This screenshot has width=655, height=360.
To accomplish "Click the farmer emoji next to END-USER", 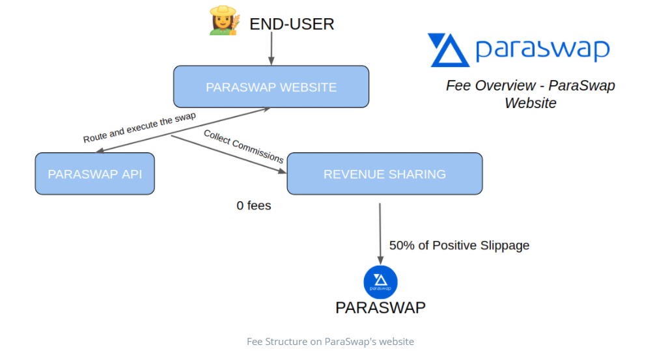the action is pyautogui.click(x=225, y=20).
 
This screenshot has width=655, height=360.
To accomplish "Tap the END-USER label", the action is pyautogui.click(x=292, y=24).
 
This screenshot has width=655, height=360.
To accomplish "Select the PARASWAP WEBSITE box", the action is pyautogui.click(x=271, y=87).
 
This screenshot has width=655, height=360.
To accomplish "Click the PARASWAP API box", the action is pyautogui.click(x=95, y=174).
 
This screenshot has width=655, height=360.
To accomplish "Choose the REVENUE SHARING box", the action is pyautogui.click(x=385, y=174).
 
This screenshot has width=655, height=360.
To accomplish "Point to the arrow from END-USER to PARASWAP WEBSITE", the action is pyautogui.click(x=272, y=48).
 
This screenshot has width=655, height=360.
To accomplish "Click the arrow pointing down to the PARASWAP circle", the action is pyautogui.click(x=380, y=234).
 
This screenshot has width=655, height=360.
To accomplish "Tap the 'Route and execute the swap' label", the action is pyautogui.click(x=139, y=128).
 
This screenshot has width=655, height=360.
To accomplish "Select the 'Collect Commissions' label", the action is pyautogui.click(x=244, y=146).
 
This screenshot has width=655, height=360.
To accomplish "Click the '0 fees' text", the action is pyautogui.click(x=253, y=206).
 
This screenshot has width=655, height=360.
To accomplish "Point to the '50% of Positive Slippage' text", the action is pyautogui.click(x=459, y=245).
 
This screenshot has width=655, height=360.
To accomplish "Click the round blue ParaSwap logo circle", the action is pyautogui.click(x=380, y=282).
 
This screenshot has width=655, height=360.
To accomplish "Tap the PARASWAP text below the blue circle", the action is pyautogui.click(x=380, y=308).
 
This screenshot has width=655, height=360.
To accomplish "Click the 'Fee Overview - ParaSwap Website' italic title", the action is pyautogui.click(x=531, y=94).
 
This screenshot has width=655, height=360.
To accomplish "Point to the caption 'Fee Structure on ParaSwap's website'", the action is pyautogui.click(x=330, y=342).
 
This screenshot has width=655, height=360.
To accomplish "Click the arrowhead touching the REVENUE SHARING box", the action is pyautogui.click(x=283, y=171).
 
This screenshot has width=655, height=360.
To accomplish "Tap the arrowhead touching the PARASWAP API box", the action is pyautogui.click(x=100, y=151).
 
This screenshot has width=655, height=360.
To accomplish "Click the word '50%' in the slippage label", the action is pyautogui.click(x=402, y=245).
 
